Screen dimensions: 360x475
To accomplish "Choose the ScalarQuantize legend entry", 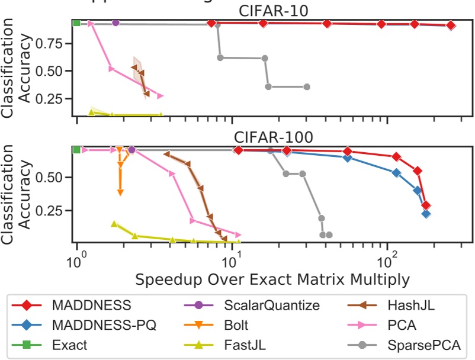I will [x=264, y=306].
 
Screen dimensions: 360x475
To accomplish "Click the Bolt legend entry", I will [x=237, y=325].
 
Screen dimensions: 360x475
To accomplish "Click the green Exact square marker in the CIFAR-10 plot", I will [x=76, y=23].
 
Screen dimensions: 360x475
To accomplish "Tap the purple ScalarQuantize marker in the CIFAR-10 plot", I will [x=115, y=22].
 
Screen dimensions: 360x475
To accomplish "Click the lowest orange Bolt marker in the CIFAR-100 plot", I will [x=120, y=192].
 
